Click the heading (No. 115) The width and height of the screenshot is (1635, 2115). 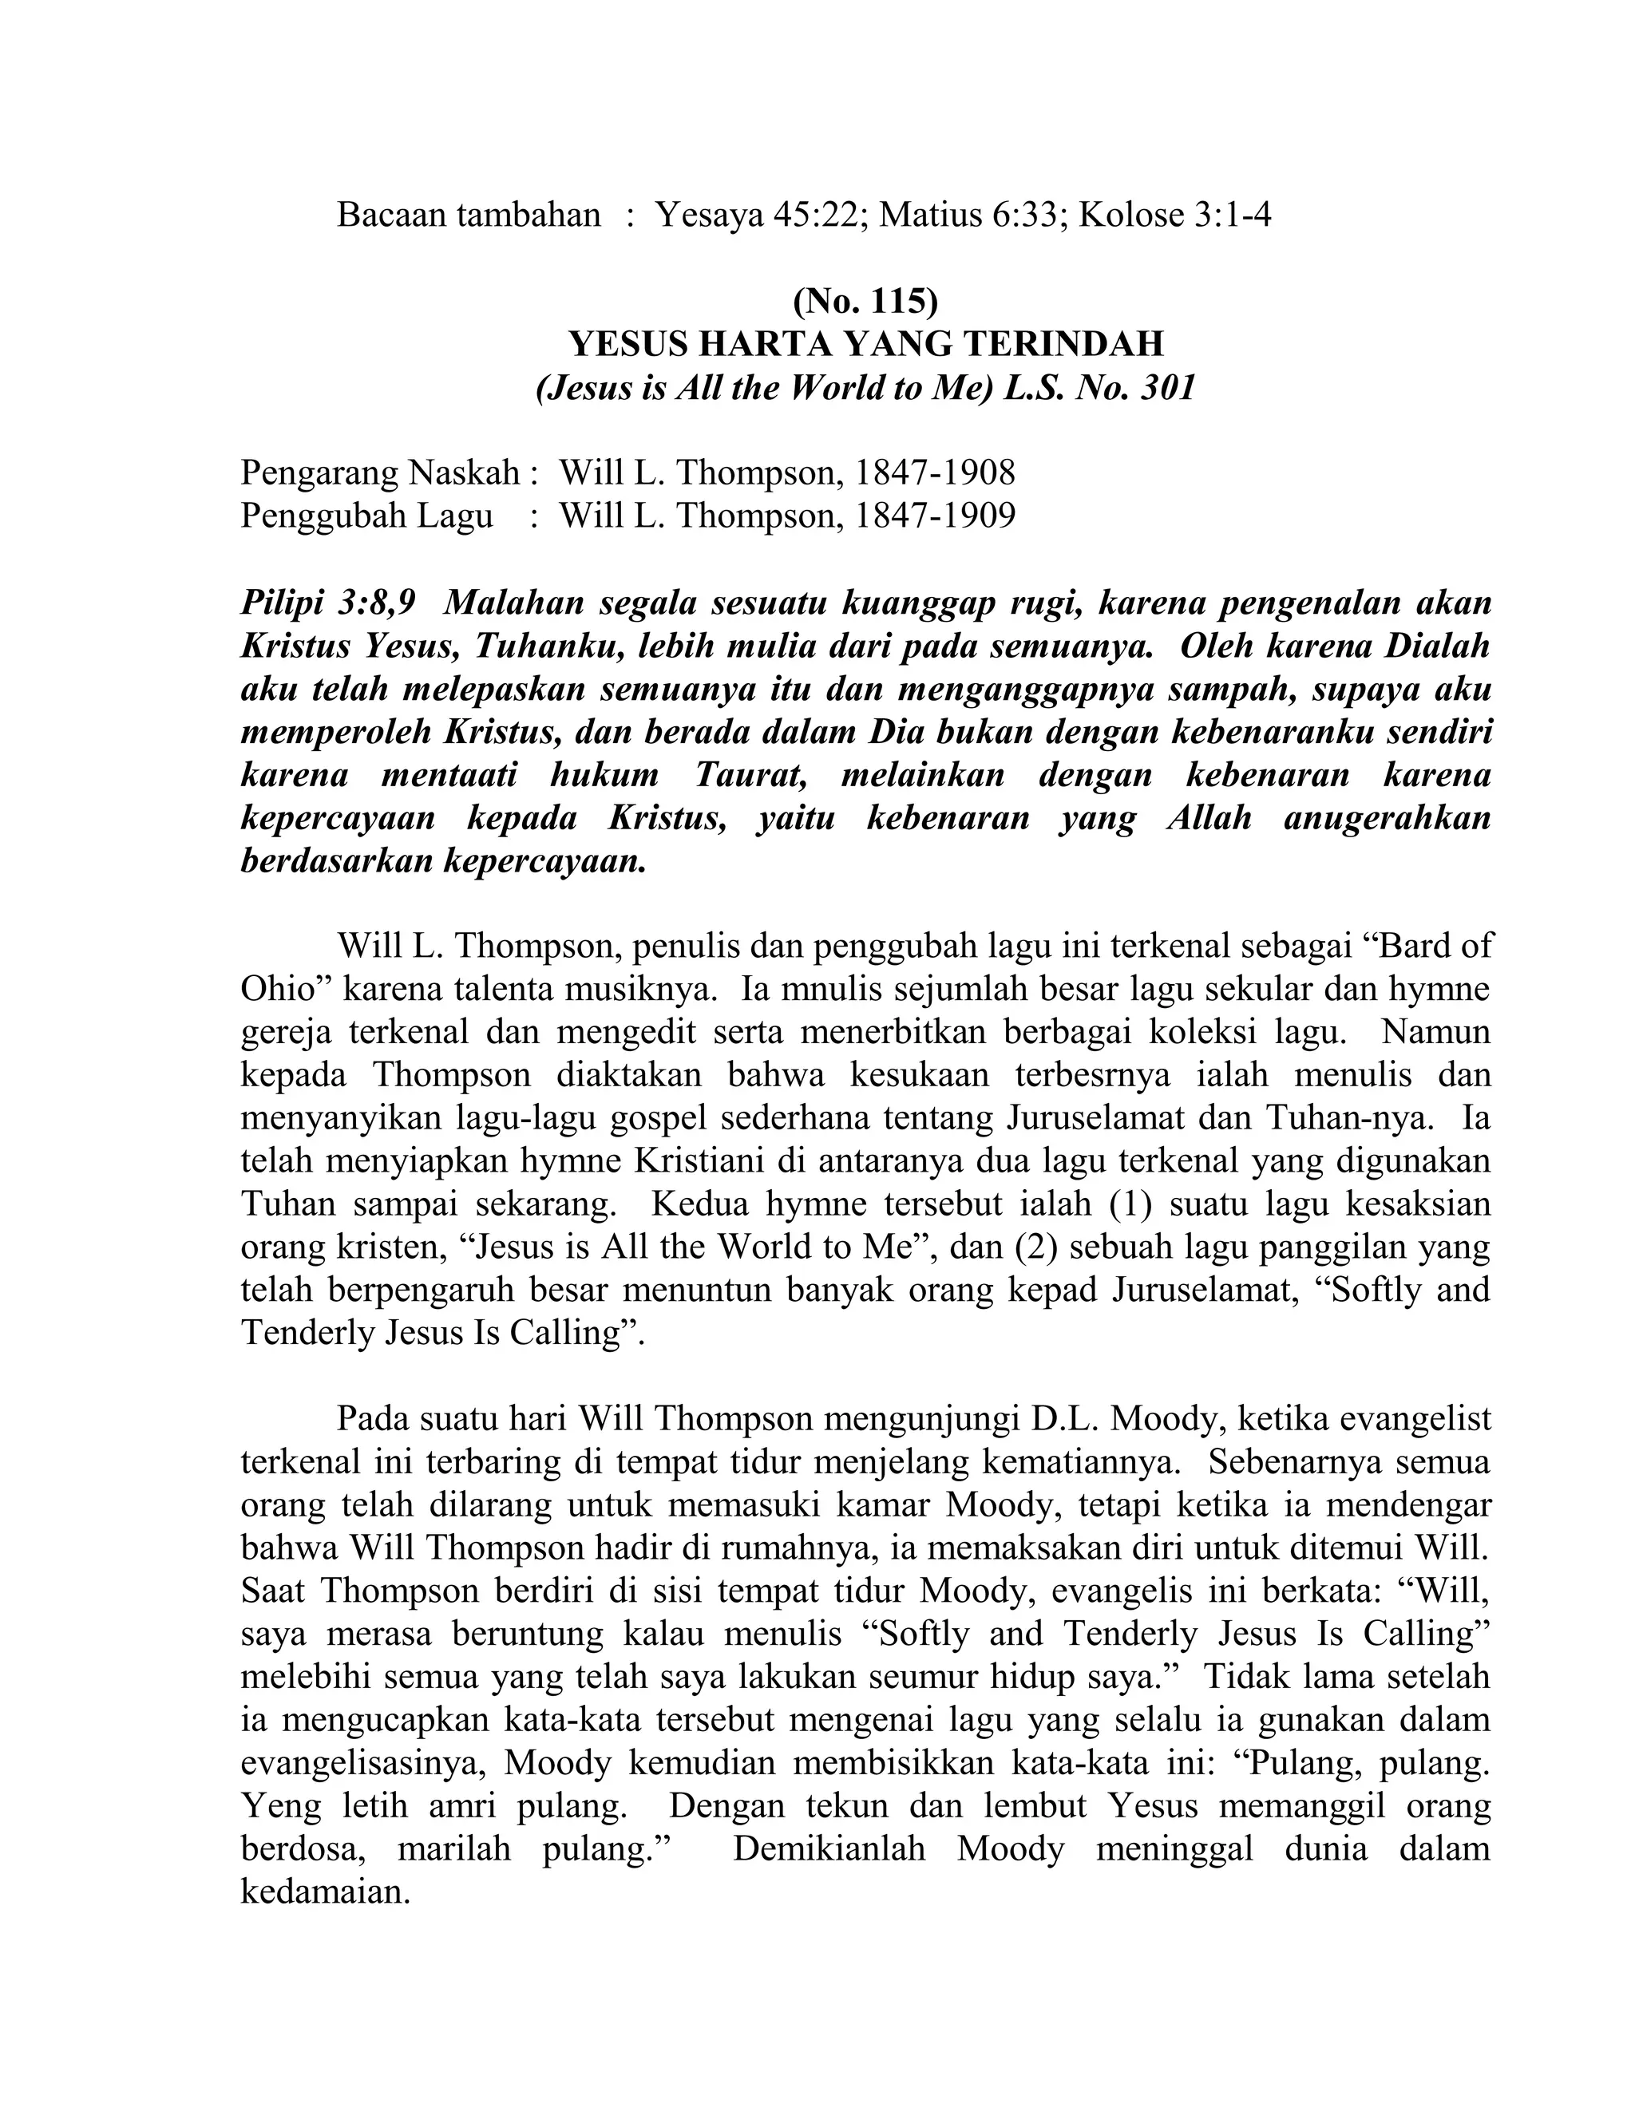pyautogui.click(x=865, y=302)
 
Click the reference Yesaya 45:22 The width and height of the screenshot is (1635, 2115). pyautogui.click(x=758, y=215)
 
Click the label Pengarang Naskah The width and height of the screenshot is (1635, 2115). pyautogui.click(x=380, y=472)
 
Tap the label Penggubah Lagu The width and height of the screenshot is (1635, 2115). pyautogui.click(x=366, y=516)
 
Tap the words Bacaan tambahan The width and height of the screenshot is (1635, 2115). pyautogui.click(x=469, y=215)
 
